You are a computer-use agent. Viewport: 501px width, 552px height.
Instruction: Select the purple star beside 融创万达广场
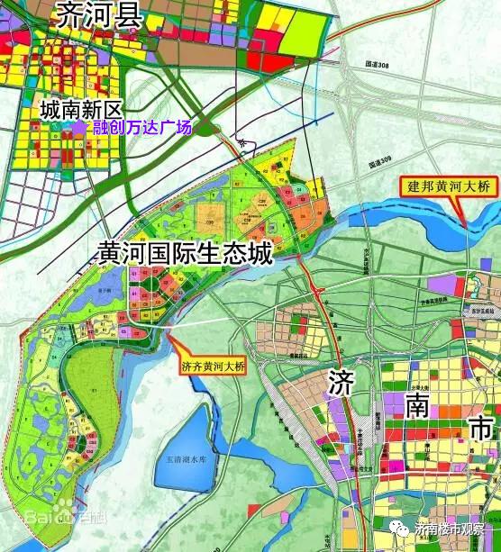79,128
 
